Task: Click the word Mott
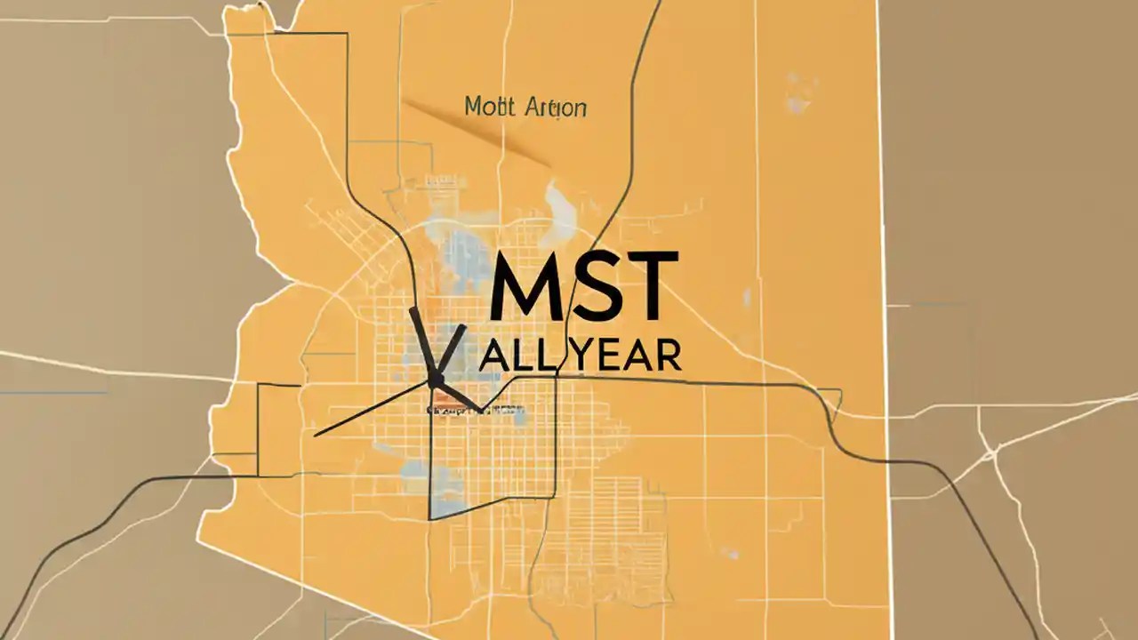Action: point(490,108)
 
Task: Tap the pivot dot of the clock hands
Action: point(436,380)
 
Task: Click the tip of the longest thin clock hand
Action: point(316,436)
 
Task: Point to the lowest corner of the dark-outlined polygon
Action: point(430,519)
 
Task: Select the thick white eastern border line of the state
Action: point(885,267)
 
